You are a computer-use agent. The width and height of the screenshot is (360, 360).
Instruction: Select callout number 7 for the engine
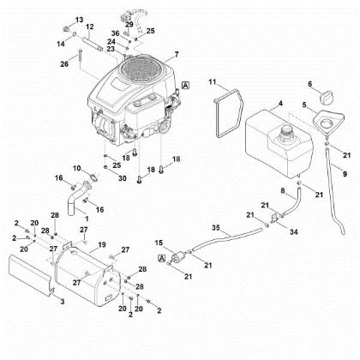click(x=177, y=54)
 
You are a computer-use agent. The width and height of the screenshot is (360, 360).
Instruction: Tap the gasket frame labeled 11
click(x=229, y=113)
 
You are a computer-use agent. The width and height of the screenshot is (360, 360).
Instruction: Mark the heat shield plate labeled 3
click(x=31, y=273)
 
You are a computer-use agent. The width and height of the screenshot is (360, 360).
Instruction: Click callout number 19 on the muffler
click(x=102, y=245)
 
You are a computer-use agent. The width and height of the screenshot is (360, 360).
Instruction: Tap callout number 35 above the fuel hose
click(x=216, y=228)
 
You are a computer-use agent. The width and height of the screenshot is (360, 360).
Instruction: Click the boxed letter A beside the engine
click(x=185, y=86)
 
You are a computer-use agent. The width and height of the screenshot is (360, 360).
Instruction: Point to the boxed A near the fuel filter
click(x=162, y=259)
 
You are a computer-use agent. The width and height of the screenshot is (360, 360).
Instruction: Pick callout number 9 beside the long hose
click(x=345, y=173)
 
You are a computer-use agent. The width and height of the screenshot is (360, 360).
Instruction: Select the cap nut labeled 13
click(x=66, y=28)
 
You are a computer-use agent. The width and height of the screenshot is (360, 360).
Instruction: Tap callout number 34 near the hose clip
click(x=294, y=231)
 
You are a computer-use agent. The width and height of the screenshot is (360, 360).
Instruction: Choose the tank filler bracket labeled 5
click(x=328, y=123)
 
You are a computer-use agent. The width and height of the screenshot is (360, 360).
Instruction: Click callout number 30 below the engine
click(x=123, y=178)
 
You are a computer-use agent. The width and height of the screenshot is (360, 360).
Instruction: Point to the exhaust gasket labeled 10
click(x=93, y=177)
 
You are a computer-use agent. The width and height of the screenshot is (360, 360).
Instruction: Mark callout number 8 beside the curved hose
click(x=283, y=190)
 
